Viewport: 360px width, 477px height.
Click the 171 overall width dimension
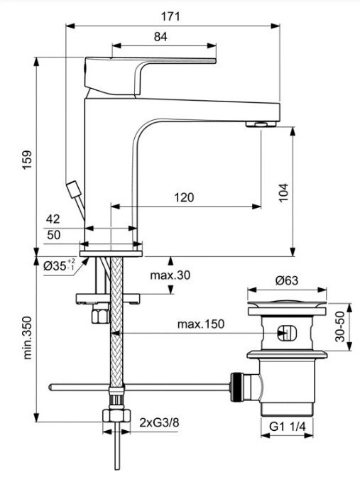(x=170, y=16)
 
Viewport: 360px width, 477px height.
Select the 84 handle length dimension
(x=160, y=37)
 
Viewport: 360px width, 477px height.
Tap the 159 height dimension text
(x=27, y=160)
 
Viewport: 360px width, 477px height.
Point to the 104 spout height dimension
(x=283, y=192)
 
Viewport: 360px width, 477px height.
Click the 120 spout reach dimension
(x=184, y=197)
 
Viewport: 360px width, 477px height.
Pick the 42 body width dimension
(x=53, y=219)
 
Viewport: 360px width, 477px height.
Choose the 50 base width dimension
(x=53, y=235)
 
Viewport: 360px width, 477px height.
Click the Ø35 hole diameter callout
(x=59, y=265)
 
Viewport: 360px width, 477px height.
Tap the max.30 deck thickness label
(x=170, y=275)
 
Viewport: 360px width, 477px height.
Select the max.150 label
(x=201, y=324)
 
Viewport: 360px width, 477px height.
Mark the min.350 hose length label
(x=28, y=338)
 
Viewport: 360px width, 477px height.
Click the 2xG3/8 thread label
(x=160, y=422)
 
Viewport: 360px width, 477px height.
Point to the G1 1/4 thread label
(x=287, y=427)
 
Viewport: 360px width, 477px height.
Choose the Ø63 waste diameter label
(x=287, y=280)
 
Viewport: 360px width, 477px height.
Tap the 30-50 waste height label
(x=340, y=327)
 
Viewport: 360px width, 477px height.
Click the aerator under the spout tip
(x=261, y=124)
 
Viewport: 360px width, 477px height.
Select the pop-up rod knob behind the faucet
(x=73, y=190)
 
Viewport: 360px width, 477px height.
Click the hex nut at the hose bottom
(x=116, y=415)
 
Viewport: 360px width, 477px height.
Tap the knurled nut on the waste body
(x=237, y=387)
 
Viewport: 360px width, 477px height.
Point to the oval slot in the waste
(x=287, y=332)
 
